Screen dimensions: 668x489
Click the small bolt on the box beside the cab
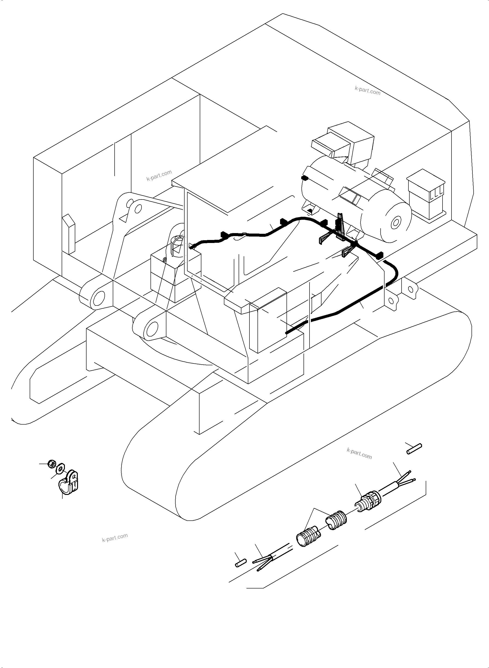point(165,259)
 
